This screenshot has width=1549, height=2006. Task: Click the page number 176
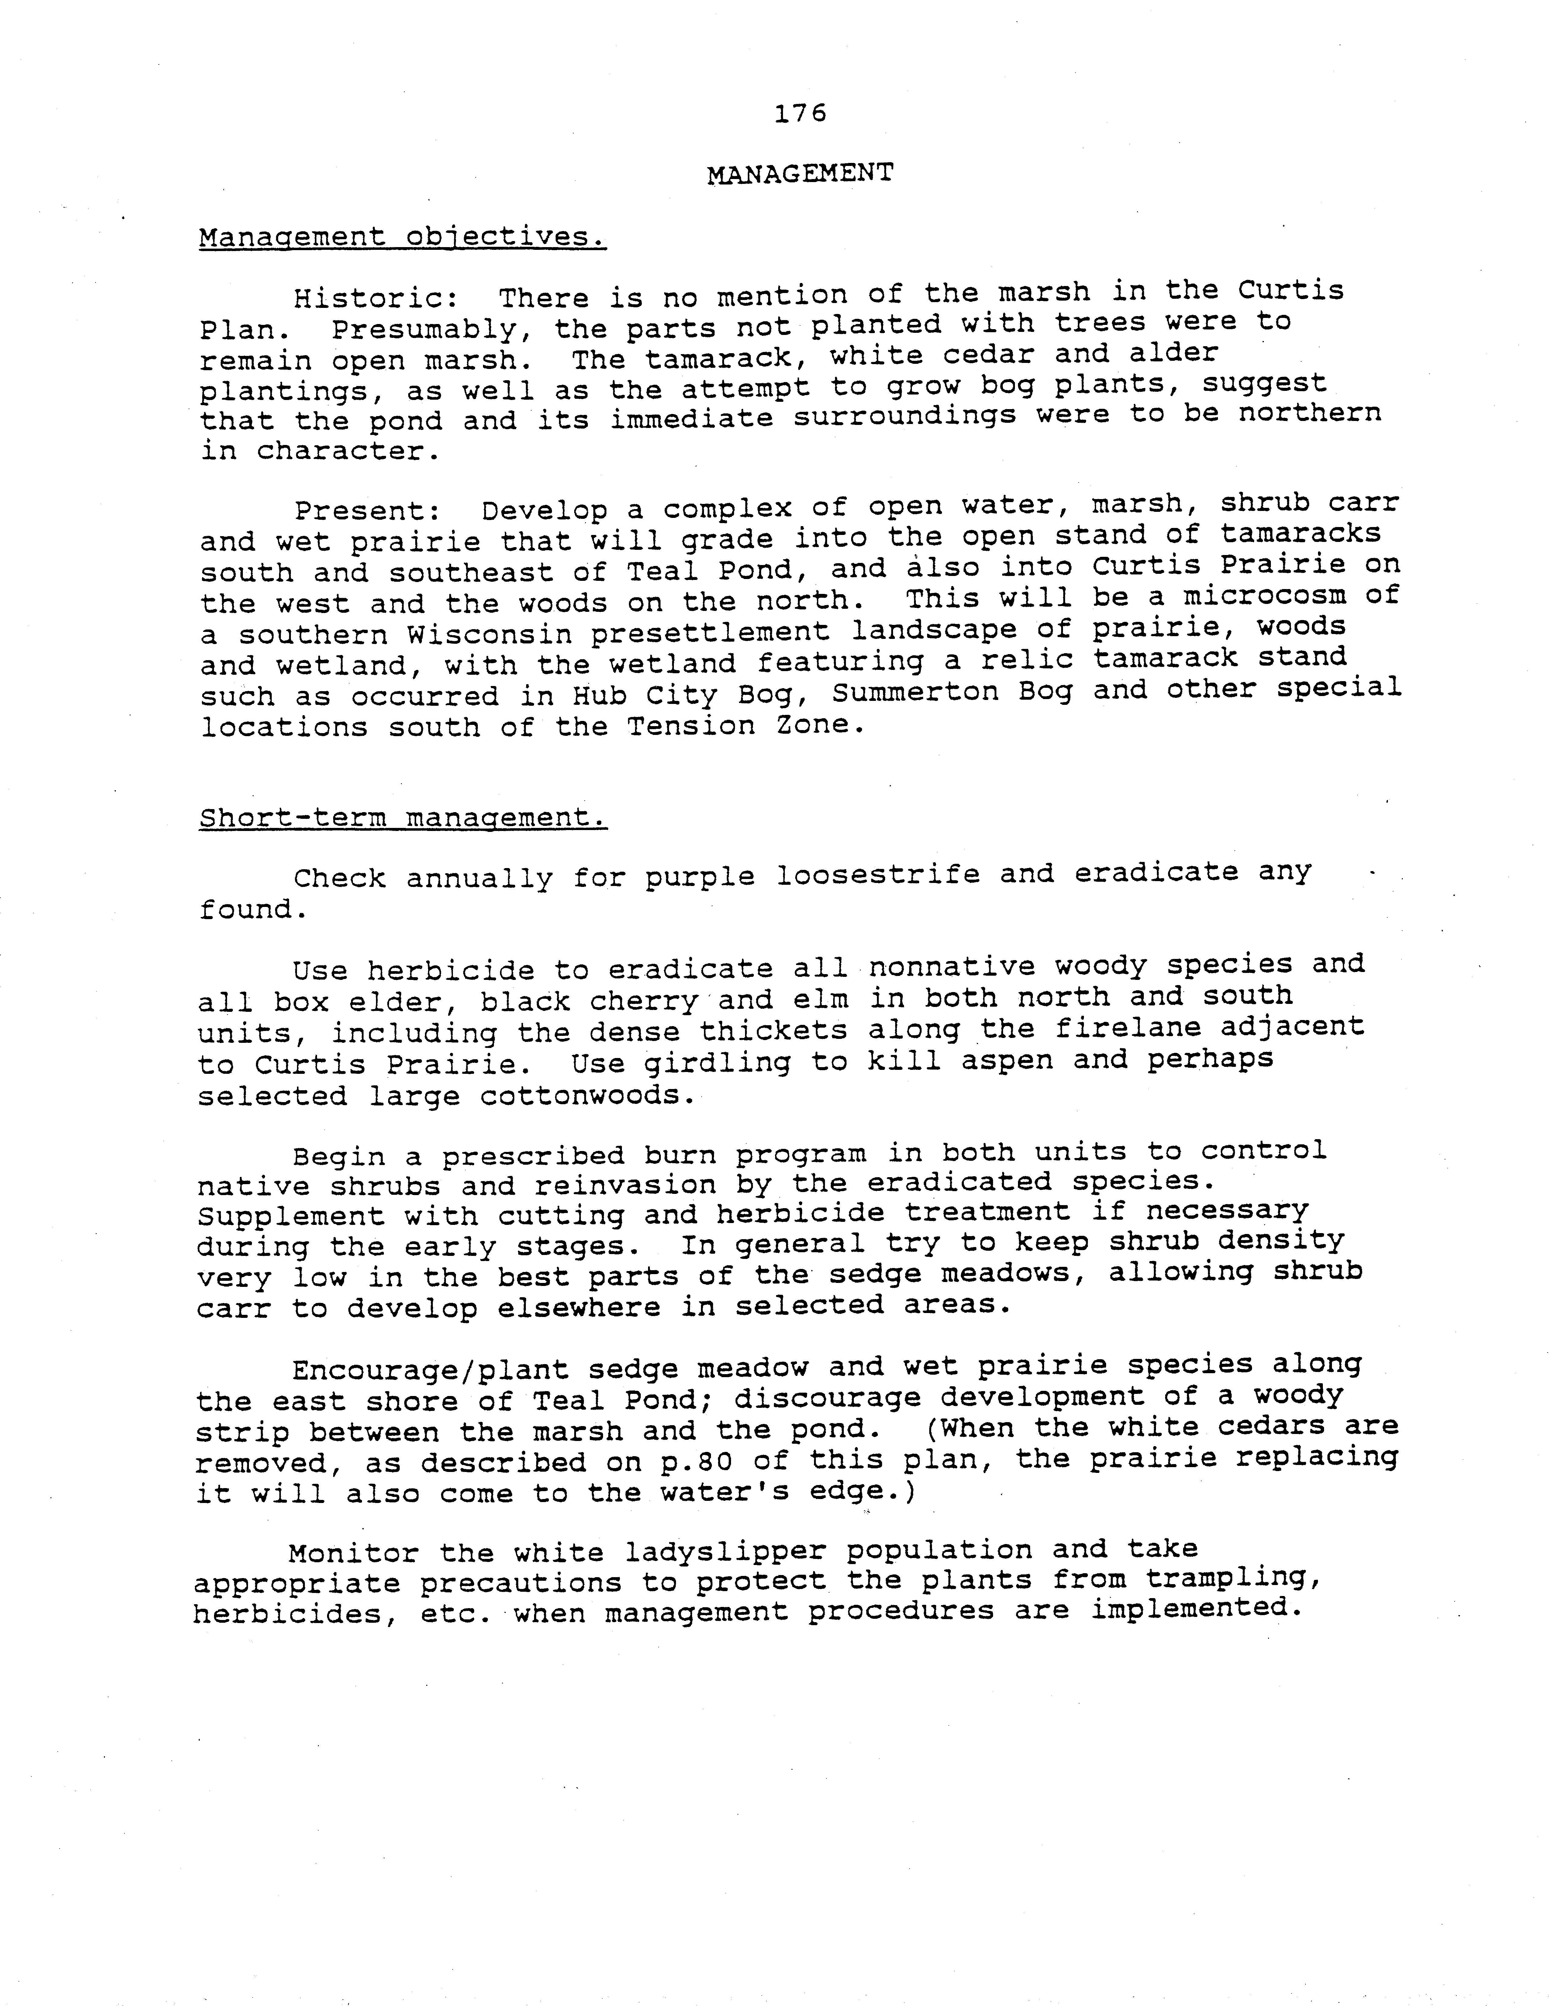coord(800,113)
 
